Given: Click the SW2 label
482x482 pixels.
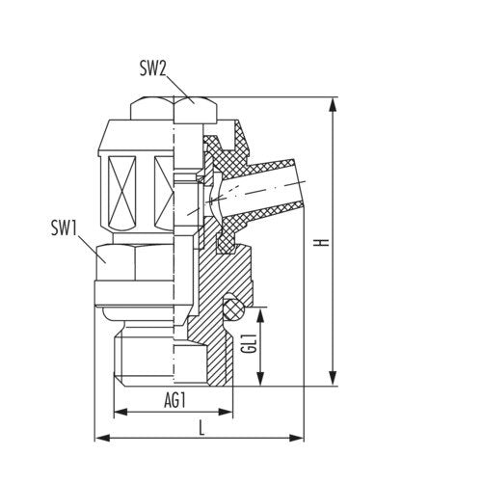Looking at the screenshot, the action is pos(152,68).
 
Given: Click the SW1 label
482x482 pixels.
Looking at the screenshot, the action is pos(65,228).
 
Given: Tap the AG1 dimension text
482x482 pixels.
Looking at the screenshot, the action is pos(174,400).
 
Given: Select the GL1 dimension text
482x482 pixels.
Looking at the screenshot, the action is pos(251,344).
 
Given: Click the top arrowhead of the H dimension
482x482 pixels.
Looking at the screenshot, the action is pos(334,105).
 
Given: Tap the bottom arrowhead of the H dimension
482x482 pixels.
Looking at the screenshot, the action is pos(334,378).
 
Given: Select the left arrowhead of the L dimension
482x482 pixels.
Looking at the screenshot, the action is pos(102,438).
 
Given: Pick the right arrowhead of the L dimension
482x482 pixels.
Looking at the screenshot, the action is pos(296,438).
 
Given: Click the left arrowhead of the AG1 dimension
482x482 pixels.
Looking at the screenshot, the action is pos(121,412).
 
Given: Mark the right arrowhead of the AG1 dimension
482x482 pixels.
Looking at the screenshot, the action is pos(225,412).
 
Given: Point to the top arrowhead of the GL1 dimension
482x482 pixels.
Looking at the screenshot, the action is pos(260,315).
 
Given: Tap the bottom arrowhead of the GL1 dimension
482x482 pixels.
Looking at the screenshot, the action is pos(260,378).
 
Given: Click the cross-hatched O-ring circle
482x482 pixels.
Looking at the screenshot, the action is pos(233,308).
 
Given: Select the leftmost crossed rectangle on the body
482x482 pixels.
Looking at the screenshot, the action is pos(121,192).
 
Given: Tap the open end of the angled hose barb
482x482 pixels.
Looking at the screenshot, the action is pos(300,181).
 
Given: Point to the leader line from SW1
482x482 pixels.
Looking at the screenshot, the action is pos(92,248).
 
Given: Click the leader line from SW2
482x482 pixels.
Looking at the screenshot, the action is pos(180,89).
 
